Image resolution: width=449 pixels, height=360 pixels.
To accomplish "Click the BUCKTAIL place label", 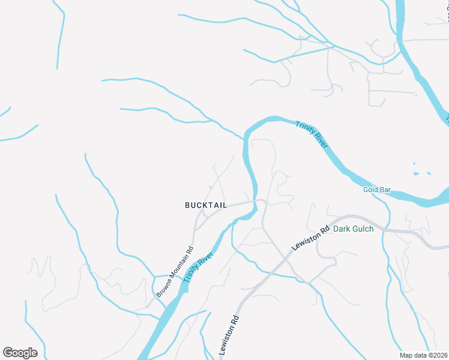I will pos(206,205).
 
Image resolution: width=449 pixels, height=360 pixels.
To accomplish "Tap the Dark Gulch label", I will pos(354,229).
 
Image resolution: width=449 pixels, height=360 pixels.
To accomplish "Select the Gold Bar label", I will pos(377,190).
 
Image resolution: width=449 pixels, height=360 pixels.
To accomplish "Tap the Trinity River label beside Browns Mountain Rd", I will pos(199,268).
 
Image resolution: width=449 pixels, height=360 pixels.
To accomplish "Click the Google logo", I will pos(20,353).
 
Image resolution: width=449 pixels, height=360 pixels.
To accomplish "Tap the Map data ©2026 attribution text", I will pos(424,355).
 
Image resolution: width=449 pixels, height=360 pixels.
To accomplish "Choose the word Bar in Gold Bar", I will pos(385,190).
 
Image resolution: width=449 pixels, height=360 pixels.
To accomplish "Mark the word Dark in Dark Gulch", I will pos(342,229).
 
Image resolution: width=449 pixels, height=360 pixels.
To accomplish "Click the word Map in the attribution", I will pos(407,355).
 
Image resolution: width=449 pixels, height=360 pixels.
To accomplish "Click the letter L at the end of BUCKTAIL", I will pos(224,205).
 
